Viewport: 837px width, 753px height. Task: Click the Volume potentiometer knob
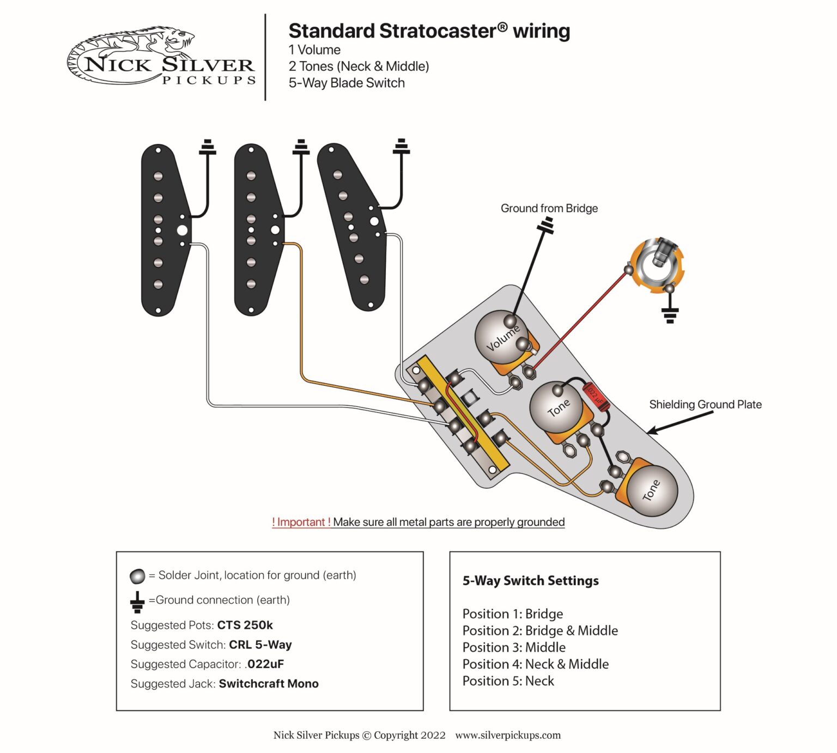tap(499, 338)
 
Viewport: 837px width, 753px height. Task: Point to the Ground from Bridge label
tap(549, 208)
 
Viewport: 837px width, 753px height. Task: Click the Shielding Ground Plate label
tap(705, 404)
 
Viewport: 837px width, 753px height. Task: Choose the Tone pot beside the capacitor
tap(557, 408)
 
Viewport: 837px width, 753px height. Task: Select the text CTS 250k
tap(245, 625)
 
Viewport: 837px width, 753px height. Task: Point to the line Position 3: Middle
tap(514, 647)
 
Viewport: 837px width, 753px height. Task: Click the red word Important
tap(301, 522)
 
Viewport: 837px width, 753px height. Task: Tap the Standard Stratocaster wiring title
tap(429, 31)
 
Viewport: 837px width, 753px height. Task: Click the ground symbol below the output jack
tap(670, 314)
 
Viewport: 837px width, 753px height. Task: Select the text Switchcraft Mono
tap(268, 684)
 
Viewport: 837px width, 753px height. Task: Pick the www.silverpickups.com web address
tap(507, 735)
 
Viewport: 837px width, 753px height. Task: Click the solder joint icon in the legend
tap(137, 576)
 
